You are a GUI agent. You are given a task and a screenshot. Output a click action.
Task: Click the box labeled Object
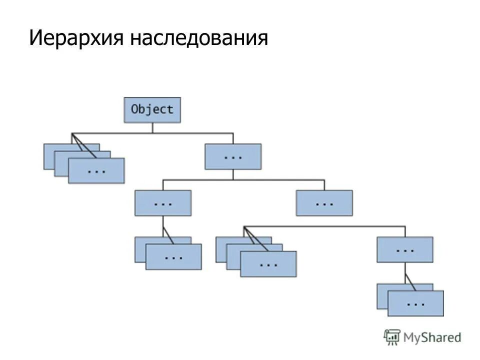pos(152,109)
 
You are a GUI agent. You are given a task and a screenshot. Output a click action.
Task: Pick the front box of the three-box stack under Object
pos(96,171)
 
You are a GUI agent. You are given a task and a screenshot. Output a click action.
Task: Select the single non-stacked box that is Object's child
pos(232,156)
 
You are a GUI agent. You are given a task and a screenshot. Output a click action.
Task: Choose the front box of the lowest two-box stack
pos(415,303)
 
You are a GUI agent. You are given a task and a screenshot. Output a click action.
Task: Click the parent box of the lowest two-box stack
pos(404,249)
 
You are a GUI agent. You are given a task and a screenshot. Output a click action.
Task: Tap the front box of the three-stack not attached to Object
pos(268,264)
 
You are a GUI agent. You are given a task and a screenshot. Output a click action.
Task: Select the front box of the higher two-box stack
pos(173,257)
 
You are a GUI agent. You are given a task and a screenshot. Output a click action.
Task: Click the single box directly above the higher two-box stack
pos(162,203)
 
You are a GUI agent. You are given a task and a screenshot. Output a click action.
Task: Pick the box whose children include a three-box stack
pos(324,203)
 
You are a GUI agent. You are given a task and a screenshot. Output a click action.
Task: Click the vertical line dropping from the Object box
pos(152,127)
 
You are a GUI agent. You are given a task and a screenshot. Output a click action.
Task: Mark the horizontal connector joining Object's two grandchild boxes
pos(243,179)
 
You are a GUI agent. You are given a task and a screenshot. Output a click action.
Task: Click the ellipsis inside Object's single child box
pos(232,156)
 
